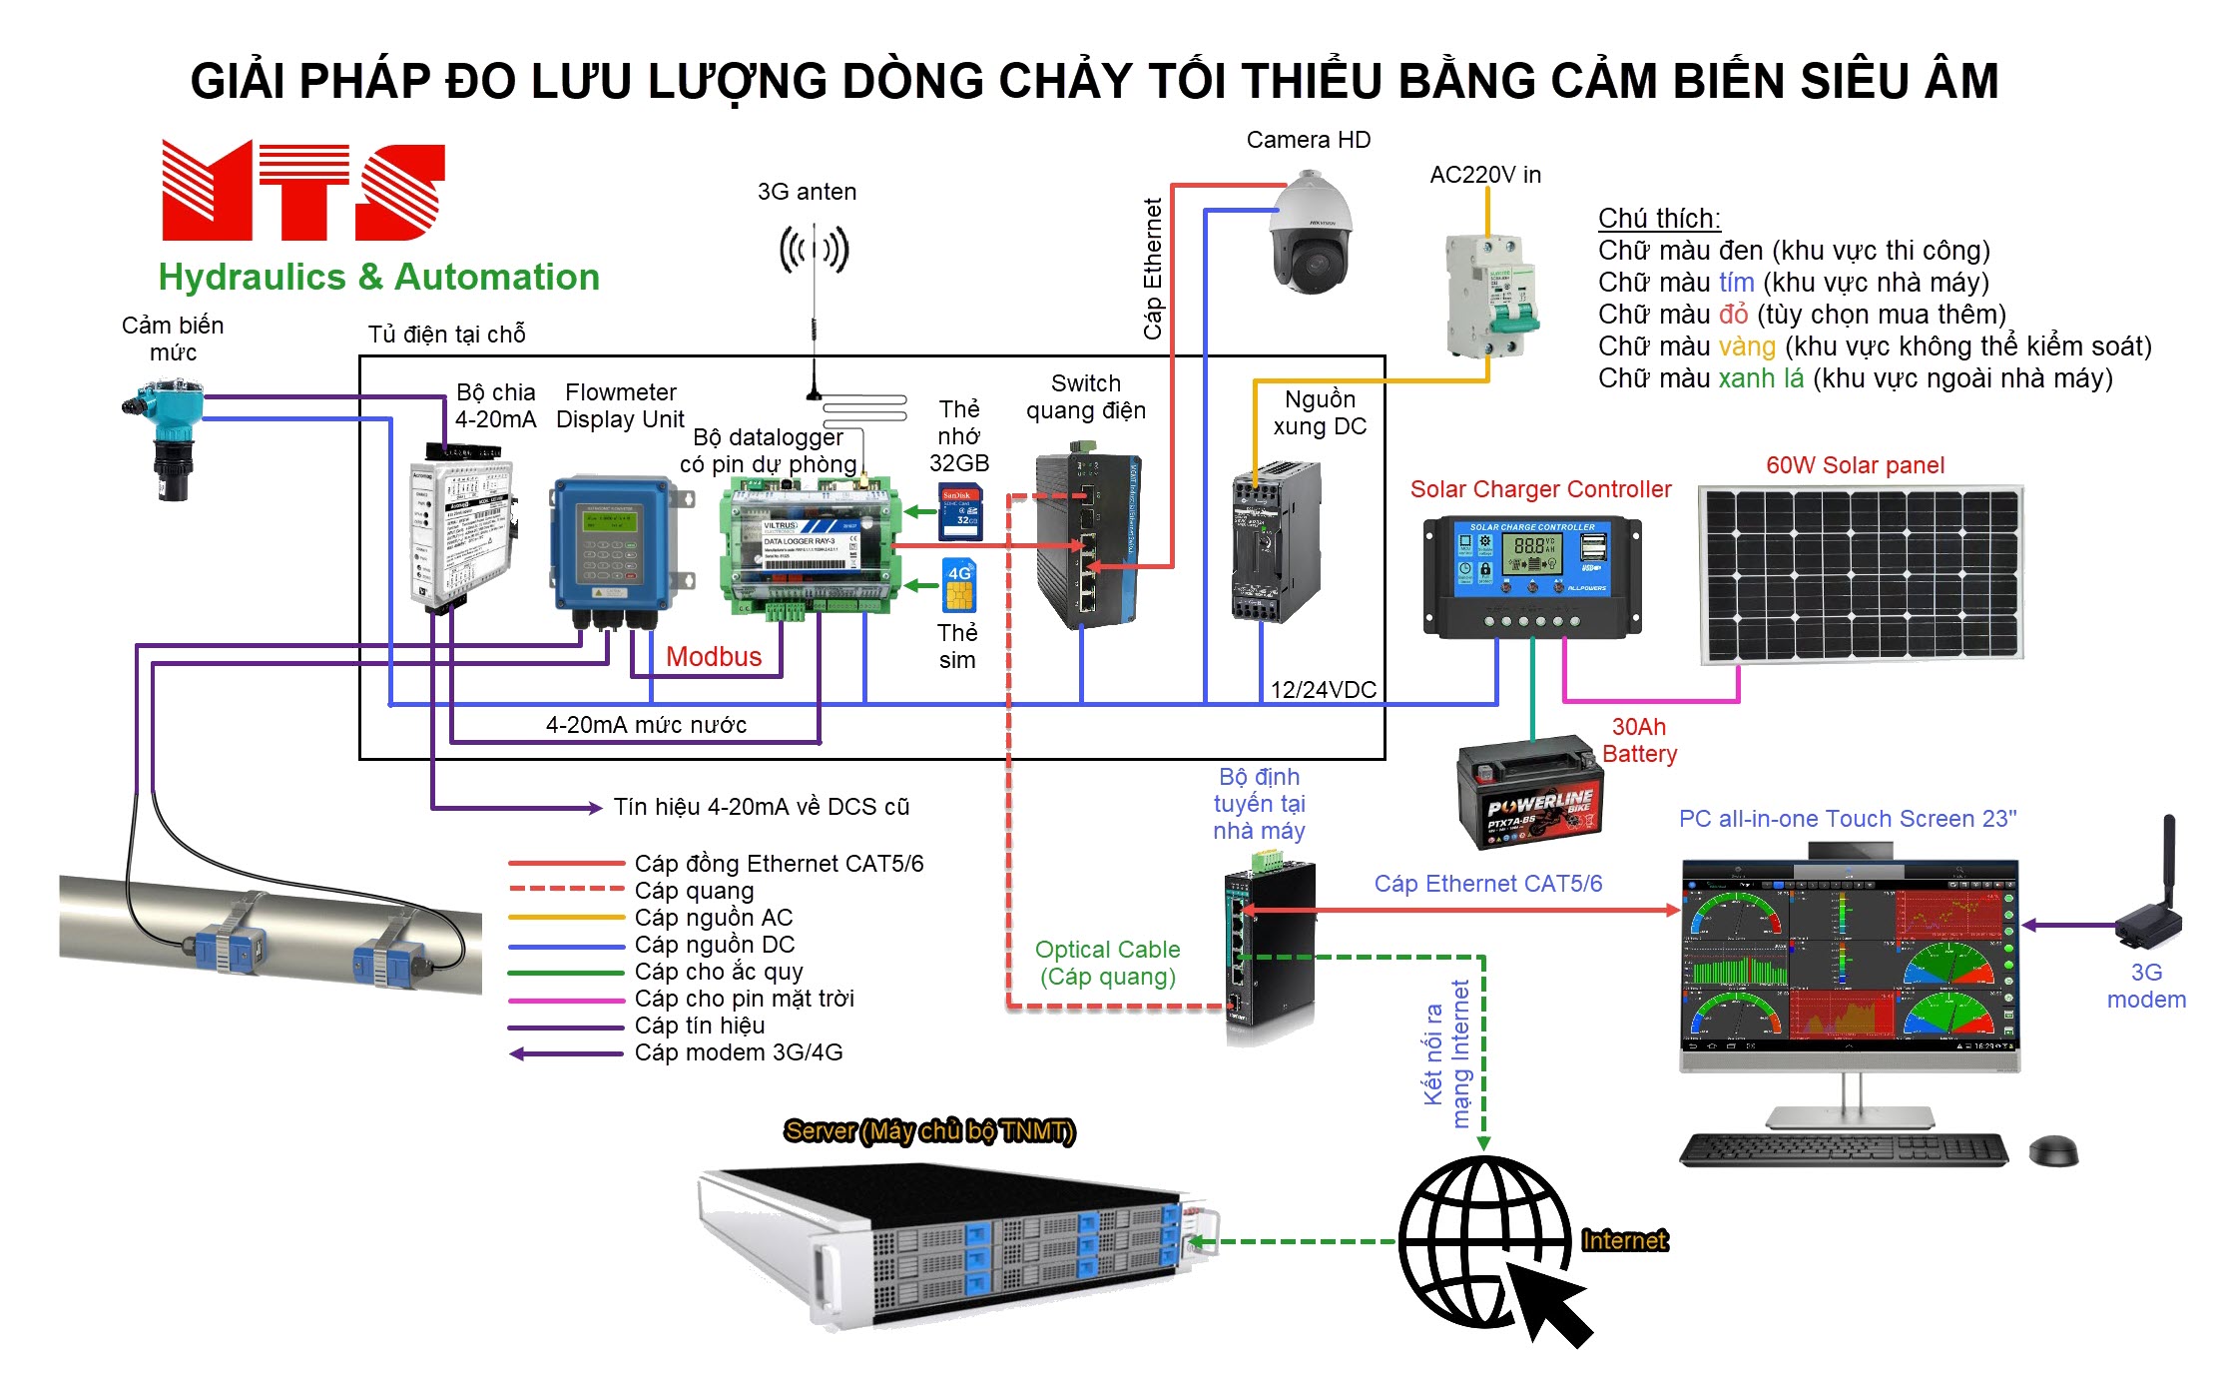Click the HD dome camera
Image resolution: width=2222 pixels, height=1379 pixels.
(1310, 234)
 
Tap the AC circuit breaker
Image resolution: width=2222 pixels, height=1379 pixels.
(1490, 296)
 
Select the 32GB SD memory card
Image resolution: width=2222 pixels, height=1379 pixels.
(960, 511)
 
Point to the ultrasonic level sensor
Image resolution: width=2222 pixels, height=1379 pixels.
(166, 434)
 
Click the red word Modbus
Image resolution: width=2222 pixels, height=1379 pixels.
(713, 657)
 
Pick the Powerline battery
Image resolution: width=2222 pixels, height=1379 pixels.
(1530, 793)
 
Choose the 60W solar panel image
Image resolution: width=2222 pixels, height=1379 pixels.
(1860, 574)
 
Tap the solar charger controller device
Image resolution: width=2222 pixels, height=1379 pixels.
(1531, 575)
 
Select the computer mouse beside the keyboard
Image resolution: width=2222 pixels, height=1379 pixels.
(2053, 1150)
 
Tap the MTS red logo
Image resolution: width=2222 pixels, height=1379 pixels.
(302, 191)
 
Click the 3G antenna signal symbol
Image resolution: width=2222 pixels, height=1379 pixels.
(814, 250)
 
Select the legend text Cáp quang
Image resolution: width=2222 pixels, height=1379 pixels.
(694, 891)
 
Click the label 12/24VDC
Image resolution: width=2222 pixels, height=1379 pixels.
(1323, 690)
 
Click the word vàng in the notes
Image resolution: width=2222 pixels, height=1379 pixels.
(1746, 346)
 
